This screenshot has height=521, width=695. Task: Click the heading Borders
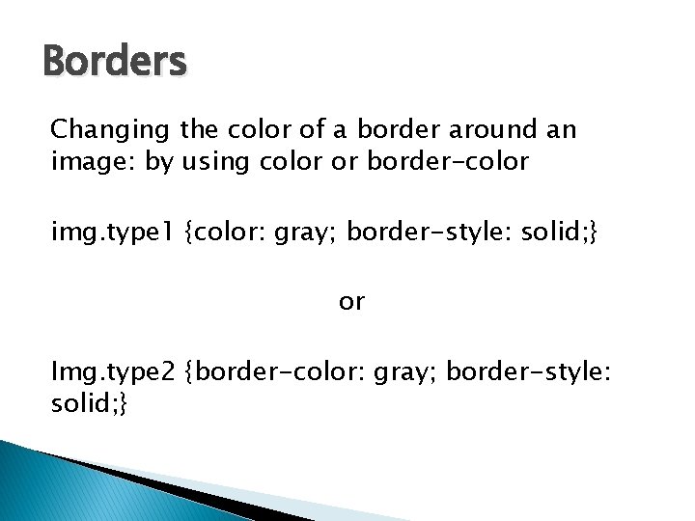115,63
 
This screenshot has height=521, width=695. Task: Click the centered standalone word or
351,302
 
